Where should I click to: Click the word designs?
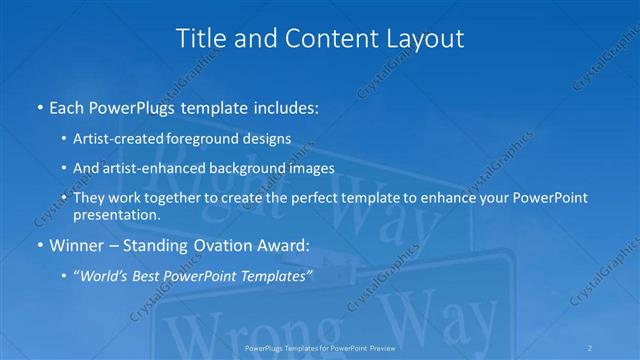269,139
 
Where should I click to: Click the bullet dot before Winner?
39,246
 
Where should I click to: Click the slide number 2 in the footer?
590,347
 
